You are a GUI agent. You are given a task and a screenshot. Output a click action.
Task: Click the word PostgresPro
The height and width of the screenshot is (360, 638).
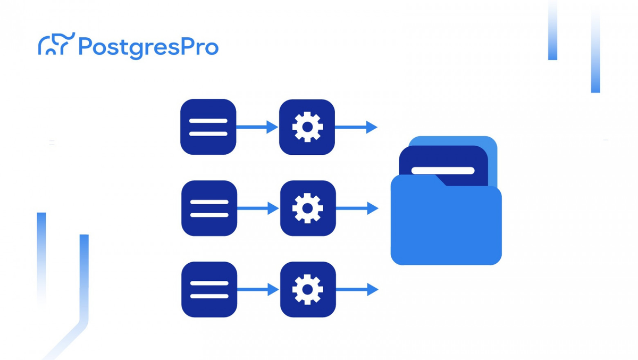148,47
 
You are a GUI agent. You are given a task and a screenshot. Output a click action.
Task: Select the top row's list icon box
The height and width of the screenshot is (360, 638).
208,127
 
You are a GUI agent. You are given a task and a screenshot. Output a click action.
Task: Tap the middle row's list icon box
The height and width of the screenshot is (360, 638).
209,208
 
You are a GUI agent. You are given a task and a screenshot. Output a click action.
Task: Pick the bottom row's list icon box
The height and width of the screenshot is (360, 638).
209,289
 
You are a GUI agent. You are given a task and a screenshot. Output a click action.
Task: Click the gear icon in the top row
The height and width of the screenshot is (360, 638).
307,127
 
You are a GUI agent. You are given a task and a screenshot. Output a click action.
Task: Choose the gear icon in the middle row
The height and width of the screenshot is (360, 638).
308,208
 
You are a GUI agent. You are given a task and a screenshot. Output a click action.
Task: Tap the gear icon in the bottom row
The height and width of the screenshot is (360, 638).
308,289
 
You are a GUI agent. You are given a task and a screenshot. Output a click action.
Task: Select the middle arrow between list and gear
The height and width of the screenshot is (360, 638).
258,208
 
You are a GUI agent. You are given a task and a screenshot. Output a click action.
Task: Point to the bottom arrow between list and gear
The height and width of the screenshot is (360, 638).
258,289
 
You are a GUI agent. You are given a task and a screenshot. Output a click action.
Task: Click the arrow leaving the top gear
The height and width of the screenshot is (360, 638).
356,127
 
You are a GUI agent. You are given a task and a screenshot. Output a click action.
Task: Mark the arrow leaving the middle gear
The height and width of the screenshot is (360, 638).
357,208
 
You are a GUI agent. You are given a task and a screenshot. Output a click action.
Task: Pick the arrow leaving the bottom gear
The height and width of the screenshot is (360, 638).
357,289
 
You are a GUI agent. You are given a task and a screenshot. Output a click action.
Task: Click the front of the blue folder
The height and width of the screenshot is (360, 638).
446,229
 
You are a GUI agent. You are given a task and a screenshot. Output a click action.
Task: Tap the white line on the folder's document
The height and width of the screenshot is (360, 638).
443,171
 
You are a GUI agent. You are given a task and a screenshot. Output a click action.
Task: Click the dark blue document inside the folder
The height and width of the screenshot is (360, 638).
468,160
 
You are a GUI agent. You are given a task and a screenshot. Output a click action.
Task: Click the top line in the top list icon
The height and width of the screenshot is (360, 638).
208,121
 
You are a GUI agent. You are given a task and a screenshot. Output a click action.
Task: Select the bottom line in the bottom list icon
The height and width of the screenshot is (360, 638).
209,296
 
